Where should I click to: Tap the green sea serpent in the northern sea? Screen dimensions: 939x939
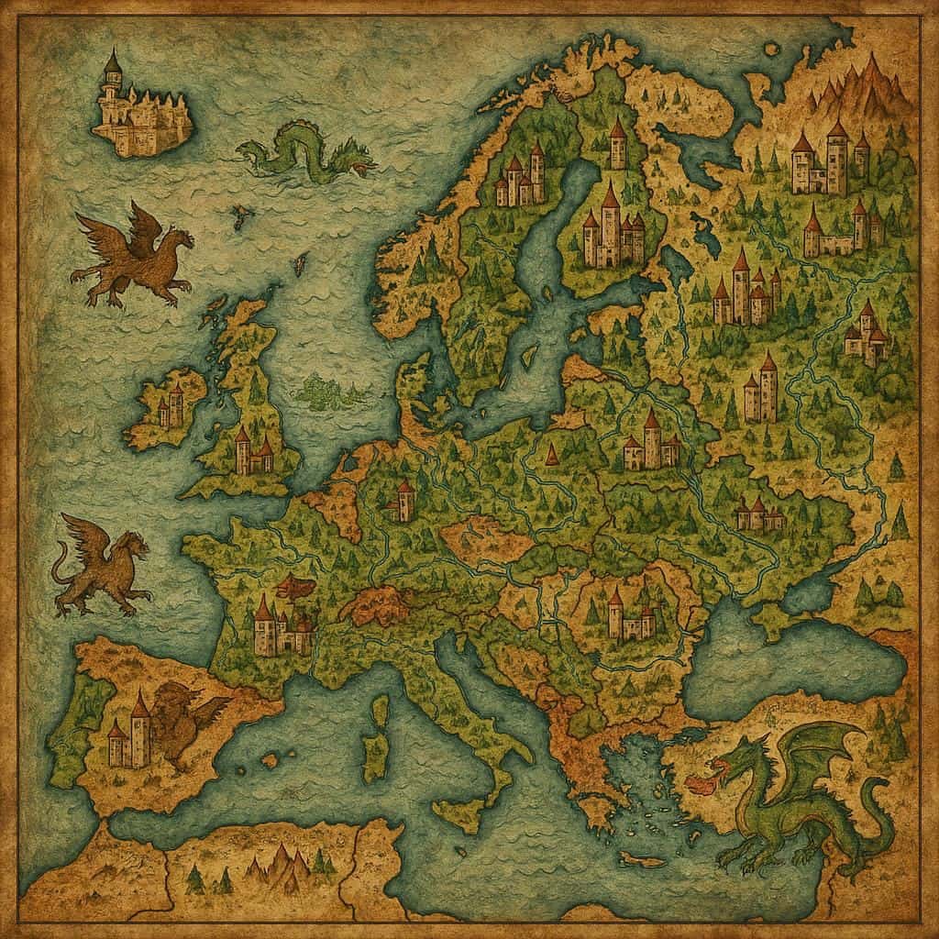tap(307, 151)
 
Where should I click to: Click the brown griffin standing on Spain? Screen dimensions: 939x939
tap(188, 720)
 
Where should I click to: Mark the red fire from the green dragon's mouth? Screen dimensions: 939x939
tap(703, 786)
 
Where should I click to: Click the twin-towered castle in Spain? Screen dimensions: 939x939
tap(129, 734)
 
